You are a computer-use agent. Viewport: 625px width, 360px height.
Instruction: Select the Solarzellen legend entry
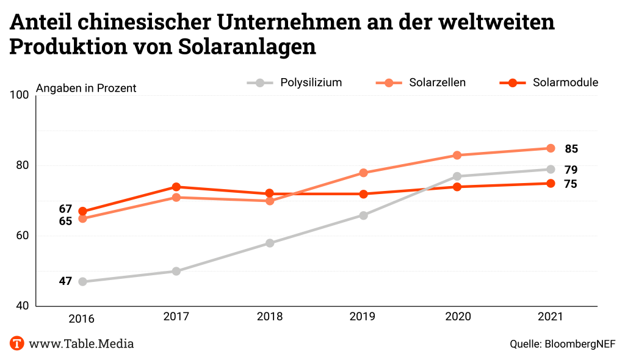421,82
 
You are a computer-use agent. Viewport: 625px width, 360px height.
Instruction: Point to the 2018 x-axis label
270,317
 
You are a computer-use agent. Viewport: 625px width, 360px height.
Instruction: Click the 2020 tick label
457,317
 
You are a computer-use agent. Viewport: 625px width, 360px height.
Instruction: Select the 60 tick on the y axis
23,236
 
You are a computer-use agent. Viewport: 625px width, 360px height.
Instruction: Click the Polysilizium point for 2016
83,281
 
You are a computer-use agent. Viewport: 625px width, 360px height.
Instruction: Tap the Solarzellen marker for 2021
551,148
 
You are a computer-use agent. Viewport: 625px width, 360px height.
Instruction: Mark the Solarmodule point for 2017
176,187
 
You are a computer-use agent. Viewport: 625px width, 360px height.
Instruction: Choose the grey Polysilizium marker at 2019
363,215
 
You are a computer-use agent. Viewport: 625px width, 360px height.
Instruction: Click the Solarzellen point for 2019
363,173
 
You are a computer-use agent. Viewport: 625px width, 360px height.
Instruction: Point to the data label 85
571,149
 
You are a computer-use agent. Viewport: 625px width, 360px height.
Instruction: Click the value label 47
65,281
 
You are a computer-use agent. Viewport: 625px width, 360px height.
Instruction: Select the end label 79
571,170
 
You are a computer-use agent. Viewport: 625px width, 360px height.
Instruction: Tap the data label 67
65,209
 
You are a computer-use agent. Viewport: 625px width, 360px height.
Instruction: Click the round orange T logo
17,343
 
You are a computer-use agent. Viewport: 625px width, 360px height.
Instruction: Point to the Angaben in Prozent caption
86,88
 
